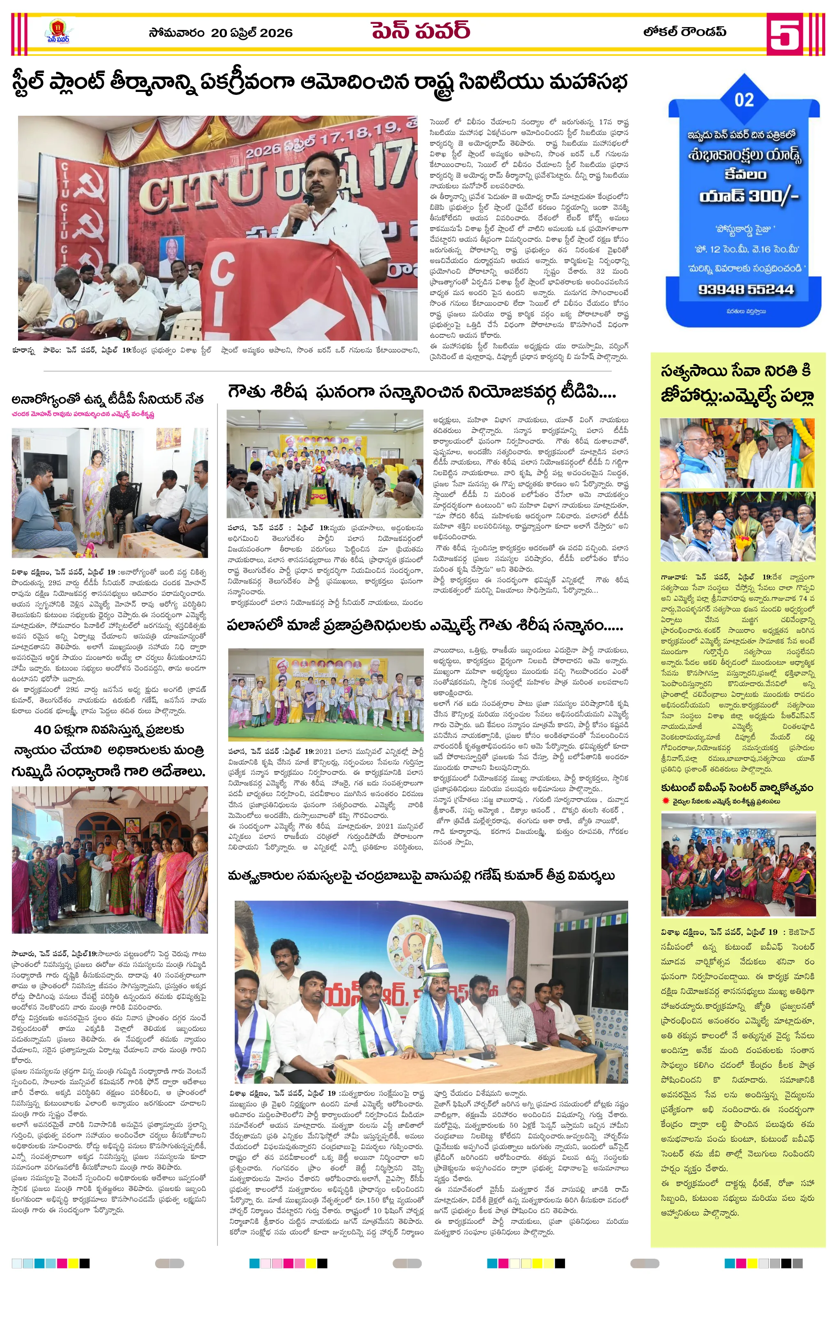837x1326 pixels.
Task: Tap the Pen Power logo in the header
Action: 58,32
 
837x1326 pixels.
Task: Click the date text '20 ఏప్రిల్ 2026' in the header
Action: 251,33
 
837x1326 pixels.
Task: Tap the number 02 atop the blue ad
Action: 744,100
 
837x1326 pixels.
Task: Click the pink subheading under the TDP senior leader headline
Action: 82,414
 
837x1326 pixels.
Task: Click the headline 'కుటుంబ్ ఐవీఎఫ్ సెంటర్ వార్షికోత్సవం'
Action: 737,788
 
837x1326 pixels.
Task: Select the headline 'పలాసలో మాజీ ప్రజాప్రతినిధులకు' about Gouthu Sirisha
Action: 425,626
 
